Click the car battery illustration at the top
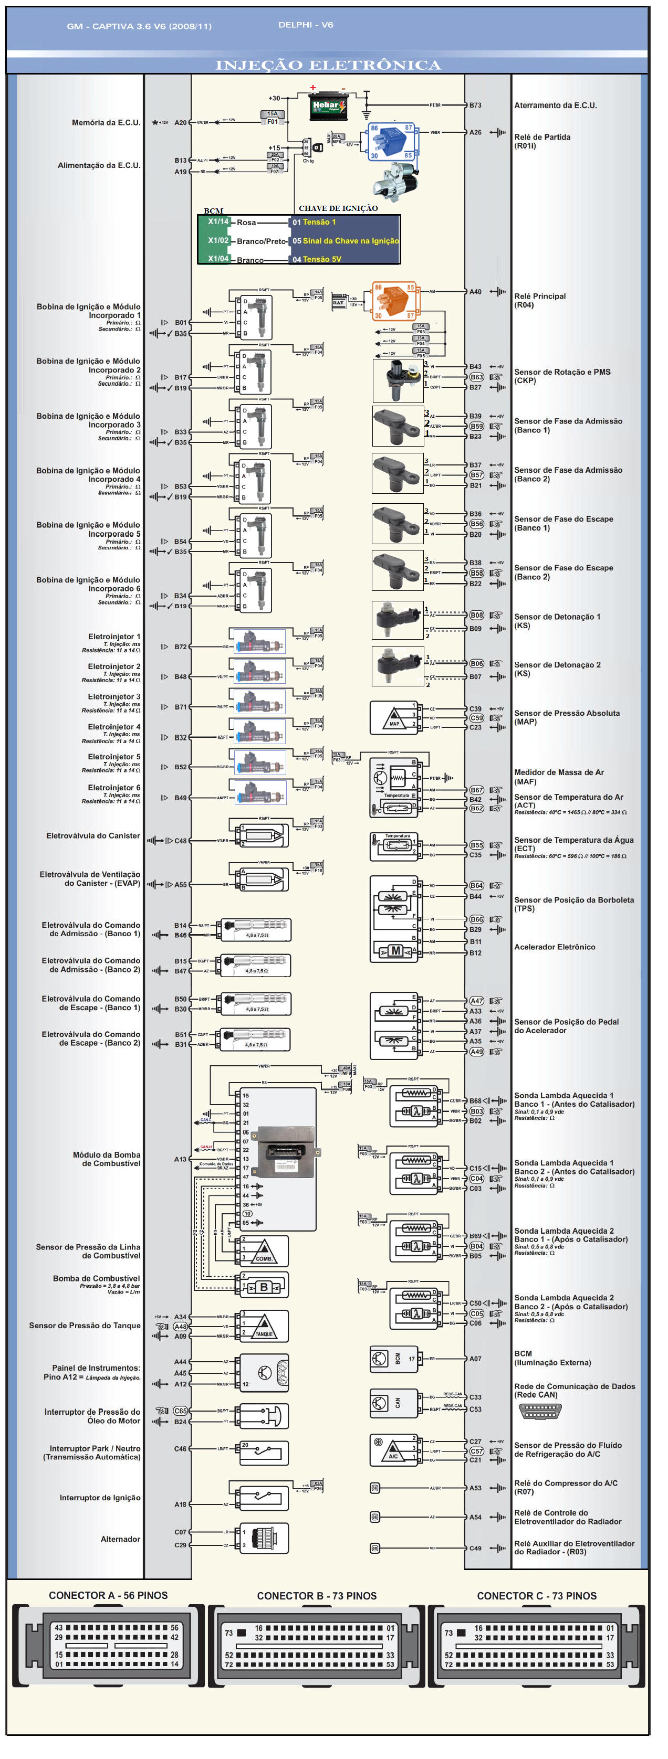[x=327, y=107]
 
